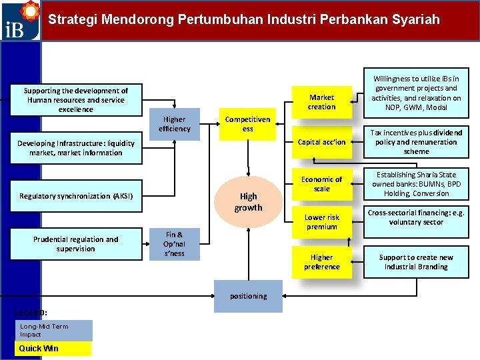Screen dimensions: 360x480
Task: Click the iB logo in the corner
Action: click(20, 21)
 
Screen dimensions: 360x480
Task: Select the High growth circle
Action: click(248, 201)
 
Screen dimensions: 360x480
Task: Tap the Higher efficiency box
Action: click(175, 124)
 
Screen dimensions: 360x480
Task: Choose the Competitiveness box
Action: click(247, 124)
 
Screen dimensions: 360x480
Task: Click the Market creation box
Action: click(321, 102)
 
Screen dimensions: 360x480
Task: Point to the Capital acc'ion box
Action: click(321, 142)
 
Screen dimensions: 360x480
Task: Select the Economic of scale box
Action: click(321, 184)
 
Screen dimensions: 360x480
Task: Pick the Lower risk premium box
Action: click(321, 222)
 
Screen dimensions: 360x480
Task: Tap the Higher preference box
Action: click(321, 262)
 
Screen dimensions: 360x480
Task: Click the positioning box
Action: click(248, 296)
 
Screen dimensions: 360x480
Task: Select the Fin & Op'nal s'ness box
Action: click(174, 244)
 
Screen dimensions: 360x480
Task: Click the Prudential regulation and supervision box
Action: click(75, 244)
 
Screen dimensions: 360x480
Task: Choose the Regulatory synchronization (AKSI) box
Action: click(76, 196)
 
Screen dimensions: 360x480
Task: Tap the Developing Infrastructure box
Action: click(75, 148)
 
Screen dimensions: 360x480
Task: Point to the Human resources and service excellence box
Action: click(75, 100)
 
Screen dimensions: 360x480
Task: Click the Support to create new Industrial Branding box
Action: click(416, 262)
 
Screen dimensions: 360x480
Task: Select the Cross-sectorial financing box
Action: click(416, 217)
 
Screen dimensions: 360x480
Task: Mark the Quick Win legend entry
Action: click(53, 349)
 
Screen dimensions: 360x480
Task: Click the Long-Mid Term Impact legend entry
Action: click(53, 331)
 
